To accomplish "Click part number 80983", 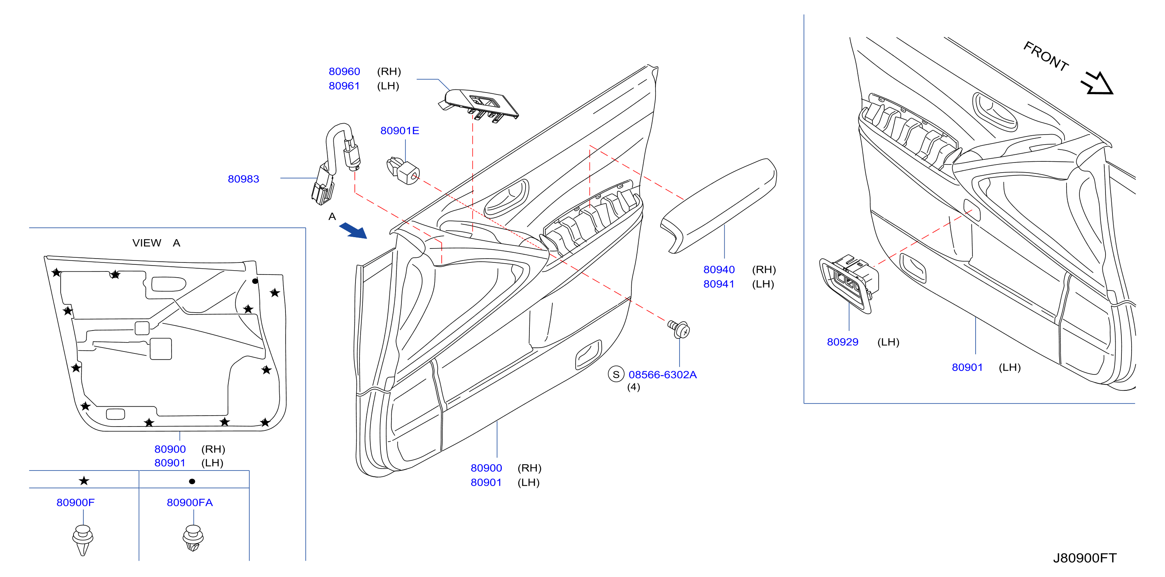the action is (244, 179).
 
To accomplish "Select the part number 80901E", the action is (399, 131).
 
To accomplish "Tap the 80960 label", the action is (344, 72).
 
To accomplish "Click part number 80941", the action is (718, 284).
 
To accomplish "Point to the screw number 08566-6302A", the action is (662, 375).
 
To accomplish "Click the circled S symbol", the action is (616, 374).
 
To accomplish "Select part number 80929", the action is (842, 342).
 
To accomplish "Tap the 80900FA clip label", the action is (189, 502).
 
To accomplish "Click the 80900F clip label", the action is (75, 502).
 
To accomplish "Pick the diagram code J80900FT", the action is (1084, 558).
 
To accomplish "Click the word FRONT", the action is (1046, 56).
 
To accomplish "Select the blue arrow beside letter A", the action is (353, 230).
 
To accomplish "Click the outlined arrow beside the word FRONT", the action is (1096, 83).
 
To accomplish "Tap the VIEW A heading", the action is (156, 243).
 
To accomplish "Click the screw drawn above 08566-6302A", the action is (678, 329).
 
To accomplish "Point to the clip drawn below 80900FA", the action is (193, 538).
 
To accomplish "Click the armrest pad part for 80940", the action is (718, 206).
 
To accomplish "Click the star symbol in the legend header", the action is (84, 481).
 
